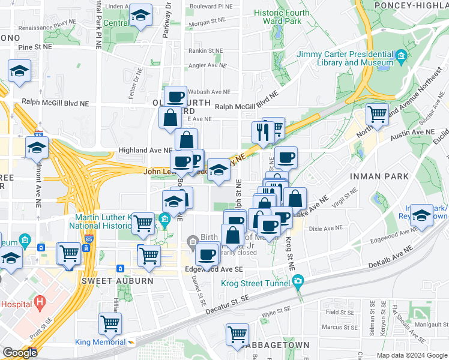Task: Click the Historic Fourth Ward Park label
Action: (282, 17)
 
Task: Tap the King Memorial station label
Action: (101, 342)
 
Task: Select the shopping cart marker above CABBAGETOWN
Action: (238, 334)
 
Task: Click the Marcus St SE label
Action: (339, 327)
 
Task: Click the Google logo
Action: (20, 352)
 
